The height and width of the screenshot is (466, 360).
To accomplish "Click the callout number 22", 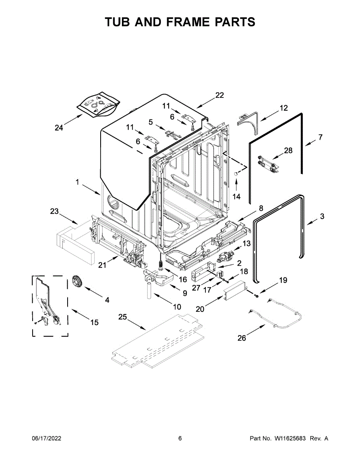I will (219, 95).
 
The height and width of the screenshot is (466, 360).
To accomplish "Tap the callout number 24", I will (59, 127).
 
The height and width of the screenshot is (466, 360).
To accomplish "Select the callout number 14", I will (237, 196).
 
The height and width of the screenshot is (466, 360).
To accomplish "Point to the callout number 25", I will (123, 317).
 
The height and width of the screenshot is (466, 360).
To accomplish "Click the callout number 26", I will (242, 338).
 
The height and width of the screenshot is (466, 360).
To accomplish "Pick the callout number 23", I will (54, 211).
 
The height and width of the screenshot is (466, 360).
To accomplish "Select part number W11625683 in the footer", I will (291, 438).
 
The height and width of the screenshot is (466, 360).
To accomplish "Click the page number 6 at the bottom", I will (180, 438).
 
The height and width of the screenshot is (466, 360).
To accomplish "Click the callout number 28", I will (288, 151).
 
